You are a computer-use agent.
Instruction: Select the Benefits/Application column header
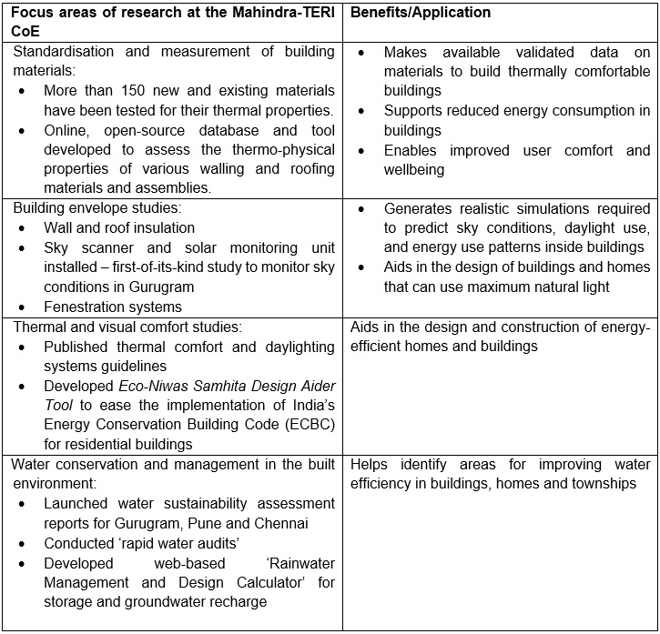pos(421,13)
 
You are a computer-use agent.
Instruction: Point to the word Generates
pos(421,209)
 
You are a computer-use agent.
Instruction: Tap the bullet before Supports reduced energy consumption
pos(363,111)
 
